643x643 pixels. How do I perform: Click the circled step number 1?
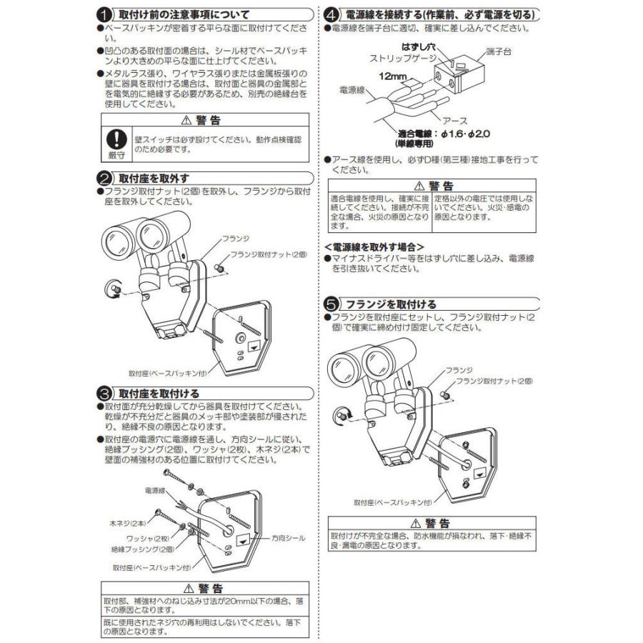pos(104,14)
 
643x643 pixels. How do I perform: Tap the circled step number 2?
pos(104,177)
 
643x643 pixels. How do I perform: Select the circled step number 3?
pos(104,393)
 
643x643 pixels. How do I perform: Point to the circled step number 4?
pos(332,14)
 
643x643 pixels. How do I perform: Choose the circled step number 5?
pos(332,304)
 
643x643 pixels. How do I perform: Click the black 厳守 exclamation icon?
pos(116,141)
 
